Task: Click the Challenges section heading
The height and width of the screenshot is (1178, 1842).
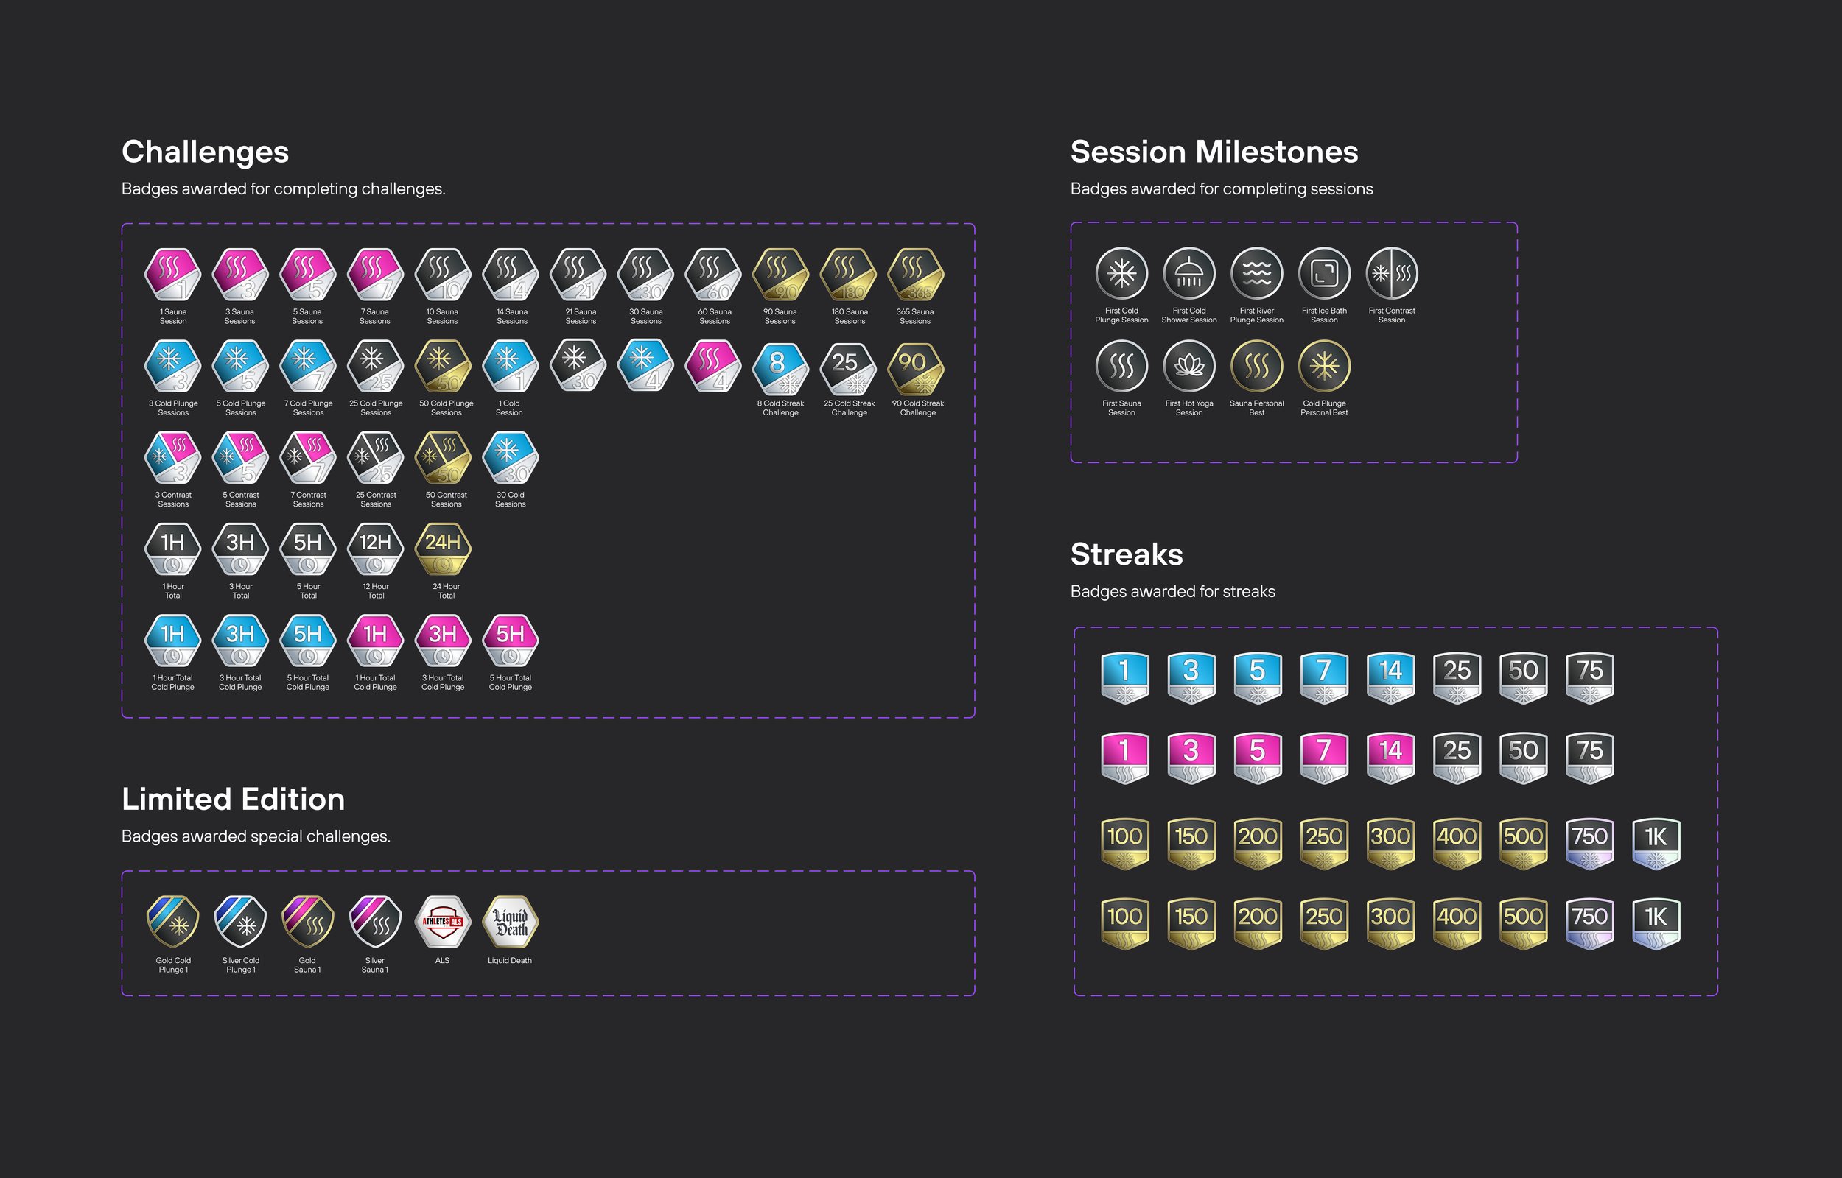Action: (x=205, y=152)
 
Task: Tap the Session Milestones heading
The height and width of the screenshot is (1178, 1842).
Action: (x=1214, y=152)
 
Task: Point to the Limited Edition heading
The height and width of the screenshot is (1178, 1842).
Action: (x=233, y=800)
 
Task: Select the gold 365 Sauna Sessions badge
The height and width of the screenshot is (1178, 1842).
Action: (x=915, y=274)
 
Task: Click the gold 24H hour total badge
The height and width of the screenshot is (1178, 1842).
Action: (x=442, y=549)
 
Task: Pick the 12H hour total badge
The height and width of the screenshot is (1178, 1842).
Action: (x=375, y=549)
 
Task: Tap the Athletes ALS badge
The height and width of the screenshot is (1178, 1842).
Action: (x=442, y=922)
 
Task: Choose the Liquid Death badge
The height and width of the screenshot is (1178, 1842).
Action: (x=511, y=922)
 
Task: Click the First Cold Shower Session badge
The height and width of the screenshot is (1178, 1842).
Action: (x=1188, y=273)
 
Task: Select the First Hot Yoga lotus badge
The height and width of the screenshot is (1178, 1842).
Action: (x=1188, y=366)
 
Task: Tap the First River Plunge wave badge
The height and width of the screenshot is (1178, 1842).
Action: (x=1256, y=273)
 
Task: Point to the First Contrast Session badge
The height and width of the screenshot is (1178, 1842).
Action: (x=1391, y=273)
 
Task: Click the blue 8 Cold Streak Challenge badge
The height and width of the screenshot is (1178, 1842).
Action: (x=780, y=367)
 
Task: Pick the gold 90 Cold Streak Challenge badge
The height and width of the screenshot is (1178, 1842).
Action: (x=915, y=367)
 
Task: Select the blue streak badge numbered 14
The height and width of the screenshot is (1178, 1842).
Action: (x=1390, y=677)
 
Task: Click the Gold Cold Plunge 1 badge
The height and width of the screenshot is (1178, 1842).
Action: (x=173, y=922)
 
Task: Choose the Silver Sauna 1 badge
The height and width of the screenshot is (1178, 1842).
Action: (x=375, y=922)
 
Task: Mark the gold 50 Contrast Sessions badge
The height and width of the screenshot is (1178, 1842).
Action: (x=442, y=457)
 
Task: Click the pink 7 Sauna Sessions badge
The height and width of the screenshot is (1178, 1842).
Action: (x=375, y=274)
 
